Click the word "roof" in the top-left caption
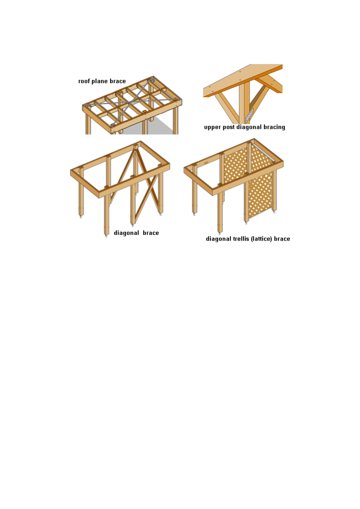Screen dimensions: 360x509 point(84,81)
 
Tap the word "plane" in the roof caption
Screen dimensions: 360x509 point(100,81)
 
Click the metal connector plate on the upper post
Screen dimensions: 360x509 point(250,116)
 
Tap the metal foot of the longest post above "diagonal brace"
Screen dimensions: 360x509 point(106,236)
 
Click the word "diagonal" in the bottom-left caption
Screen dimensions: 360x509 point(126,233)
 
